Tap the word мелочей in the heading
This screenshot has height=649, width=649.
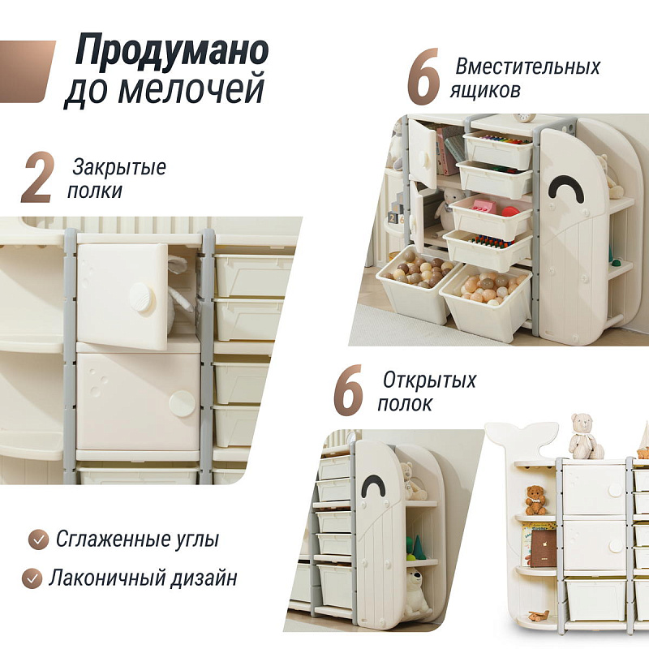(x=191, y=88)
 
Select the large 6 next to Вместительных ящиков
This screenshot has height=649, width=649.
(x=423, y=76)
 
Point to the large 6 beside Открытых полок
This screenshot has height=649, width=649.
(x=349, y=390)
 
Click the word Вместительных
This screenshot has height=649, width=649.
(x=528, y=67)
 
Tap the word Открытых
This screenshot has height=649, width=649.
(x=430, y=380)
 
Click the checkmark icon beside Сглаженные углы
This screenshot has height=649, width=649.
(x=39, y=539)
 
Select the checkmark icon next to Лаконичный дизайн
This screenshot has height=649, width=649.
(x=32, y=578)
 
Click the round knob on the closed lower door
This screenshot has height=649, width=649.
(x=182, y=403)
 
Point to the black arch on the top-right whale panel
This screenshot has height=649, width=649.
(x=566, y=186)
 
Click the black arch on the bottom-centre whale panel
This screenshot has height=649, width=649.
(x=376, y=483)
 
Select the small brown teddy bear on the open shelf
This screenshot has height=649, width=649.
(x=535, y=500)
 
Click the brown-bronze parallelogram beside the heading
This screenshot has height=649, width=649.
(x=26, y=71)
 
